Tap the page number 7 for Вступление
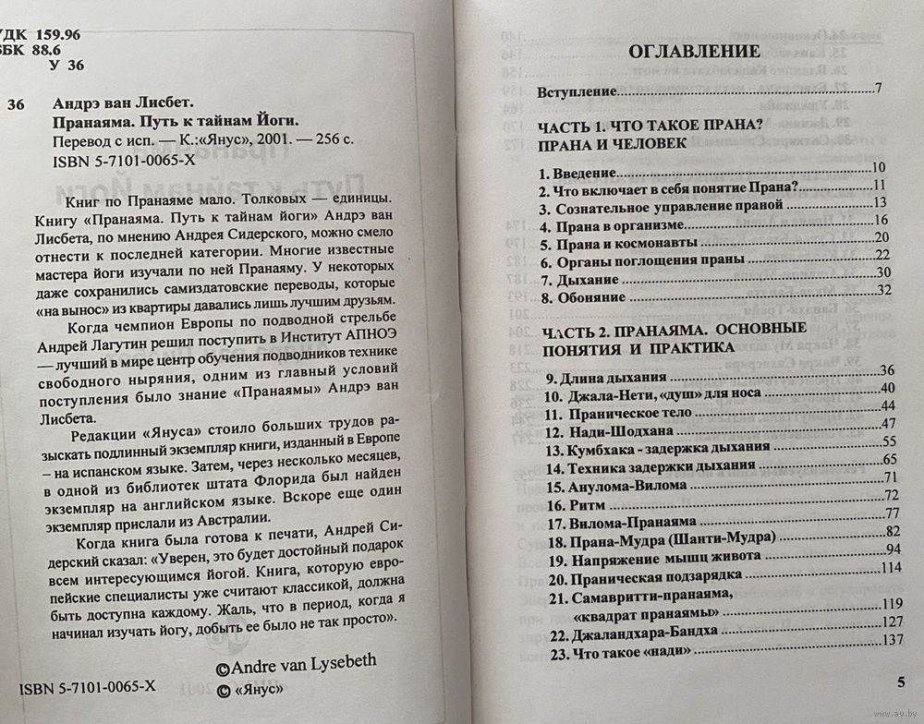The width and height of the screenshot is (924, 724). [878, 89]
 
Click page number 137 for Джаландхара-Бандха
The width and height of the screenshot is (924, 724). [893, 639]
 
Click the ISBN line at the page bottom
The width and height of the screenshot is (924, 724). [79, 687]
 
